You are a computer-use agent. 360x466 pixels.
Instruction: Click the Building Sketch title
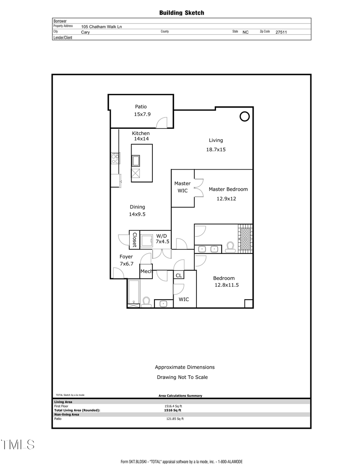[x=182, y=13]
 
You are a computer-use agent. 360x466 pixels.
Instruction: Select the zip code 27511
[x=281, y=32]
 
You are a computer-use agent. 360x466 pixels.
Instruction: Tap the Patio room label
[x=140, y=106]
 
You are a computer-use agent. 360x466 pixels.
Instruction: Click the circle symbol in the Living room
[x=244, y=116]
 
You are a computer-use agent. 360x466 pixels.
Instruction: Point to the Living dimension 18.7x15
[x=216, y=150]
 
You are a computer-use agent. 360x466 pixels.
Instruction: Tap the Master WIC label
[x=182, y=187]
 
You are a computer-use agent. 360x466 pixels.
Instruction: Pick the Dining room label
[x=137, y=207]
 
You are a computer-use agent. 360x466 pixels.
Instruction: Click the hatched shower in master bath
[x=245, y=239]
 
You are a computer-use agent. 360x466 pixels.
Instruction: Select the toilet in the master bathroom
[x=230, y=248]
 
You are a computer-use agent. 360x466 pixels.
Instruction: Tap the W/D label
[x=161, y=236]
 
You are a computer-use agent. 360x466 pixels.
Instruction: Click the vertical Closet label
[x=134, y=239]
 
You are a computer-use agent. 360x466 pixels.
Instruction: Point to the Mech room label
[x=146, y=272]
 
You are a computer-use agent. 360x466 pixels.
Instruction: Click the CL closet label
[x=179, y=275]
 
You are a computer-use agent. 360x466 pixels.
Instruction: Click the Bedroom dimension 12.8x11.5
[x=228, y=285]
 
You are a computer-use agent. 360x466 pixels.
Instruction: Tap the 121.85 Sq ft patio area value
[x=175, y=419]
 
